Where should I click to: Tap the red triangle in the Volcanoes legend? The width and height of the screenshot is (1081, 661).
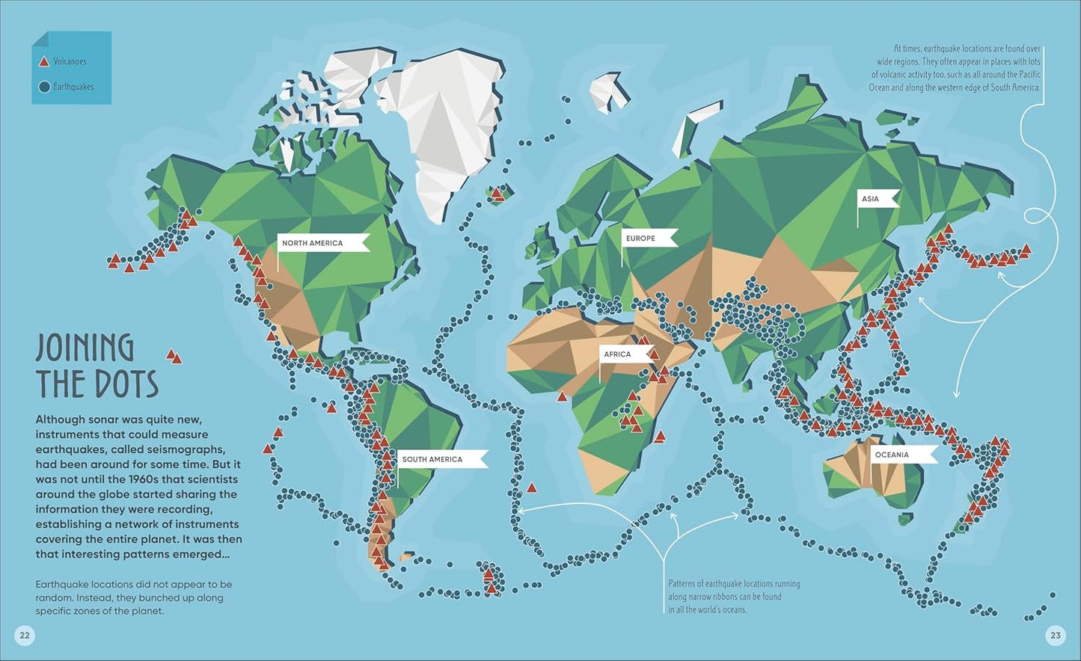[x=44, y=62]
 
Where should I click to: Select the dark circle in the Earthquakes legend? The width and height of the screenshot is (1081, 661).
[x=44, y=87]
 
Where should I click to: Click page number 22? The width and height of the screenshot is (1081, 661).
[x=25, y=636]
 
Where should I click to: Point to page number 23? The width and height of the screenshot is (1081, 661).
[x=1055, y=636]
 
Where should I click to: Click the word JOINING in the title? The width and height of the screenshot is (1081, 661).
[x=85, y=349]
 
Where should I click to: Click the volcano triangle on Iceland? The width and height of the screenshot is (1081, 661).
[x=497, y=194]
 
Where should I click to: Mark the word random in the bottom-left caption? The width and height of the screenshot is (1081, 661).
[x=55, y=598]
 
